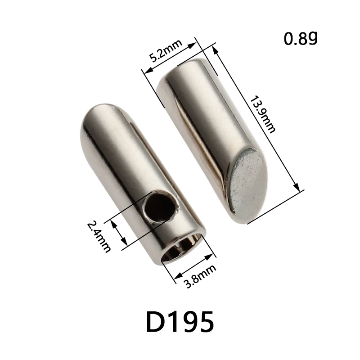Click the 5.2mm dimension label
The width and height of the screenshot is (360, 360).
165,51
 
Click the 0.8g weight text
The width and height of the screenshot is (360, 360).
301,39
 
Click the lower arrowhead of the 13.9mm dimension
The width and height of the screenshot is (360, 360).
296,188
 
